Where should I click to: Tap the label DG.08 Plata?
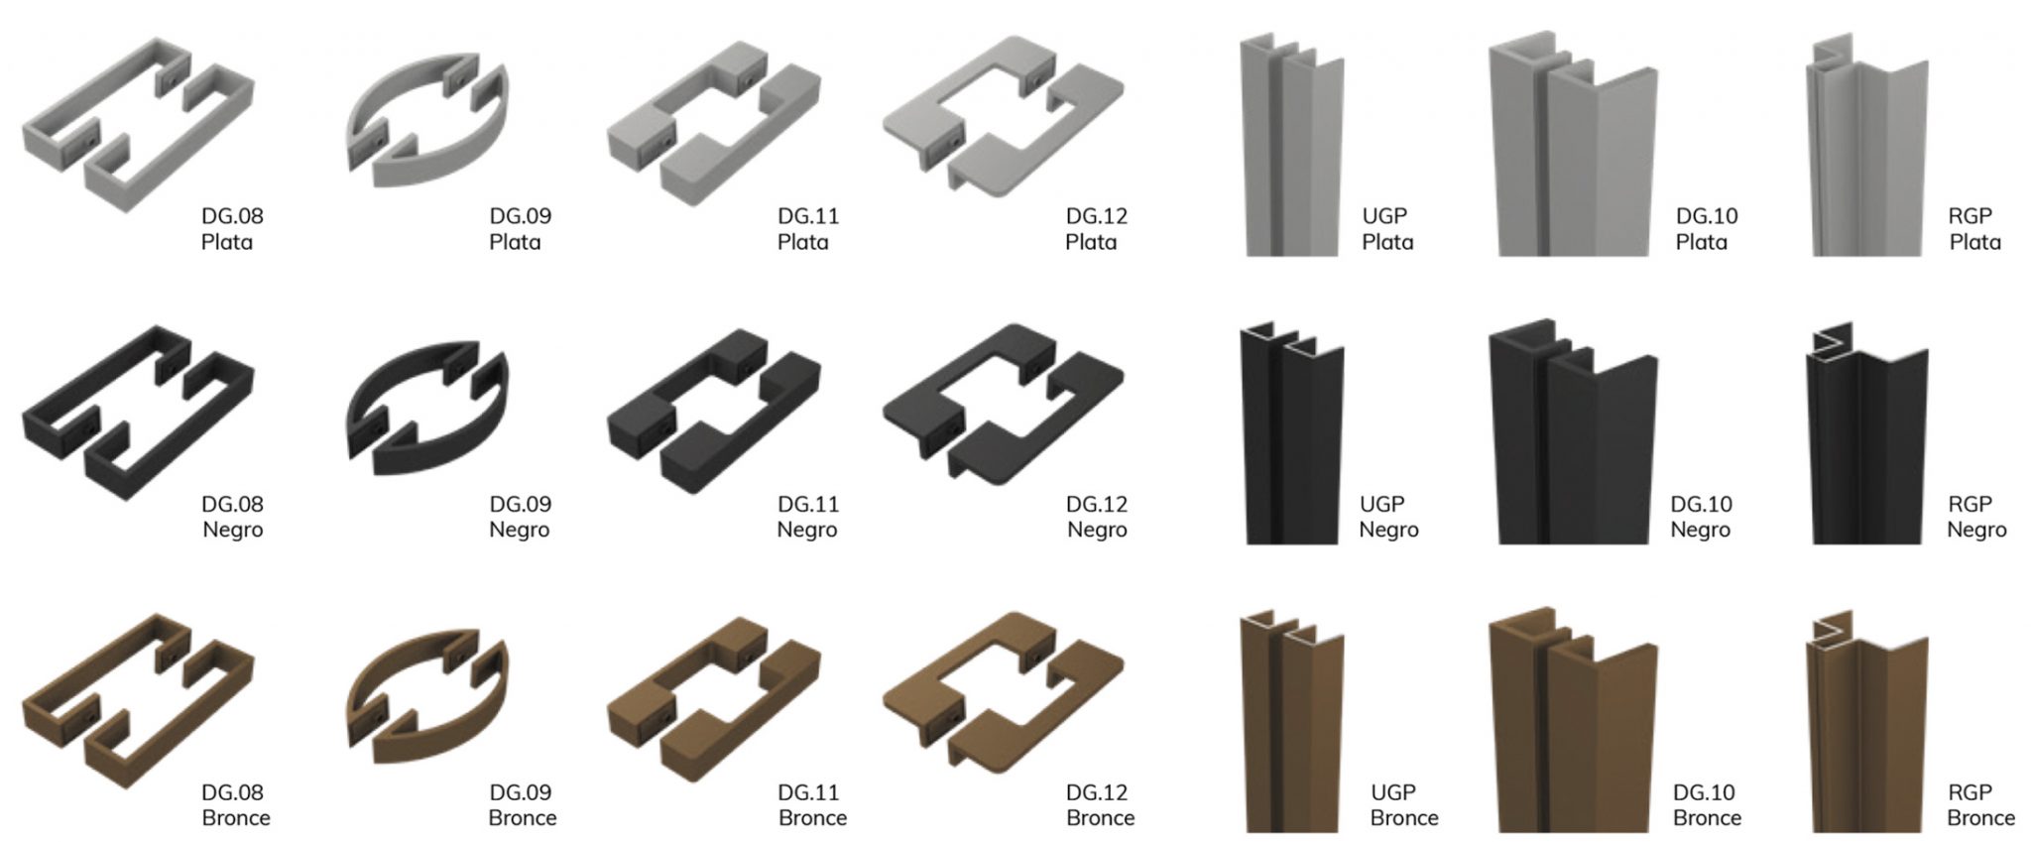[232, 229]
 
